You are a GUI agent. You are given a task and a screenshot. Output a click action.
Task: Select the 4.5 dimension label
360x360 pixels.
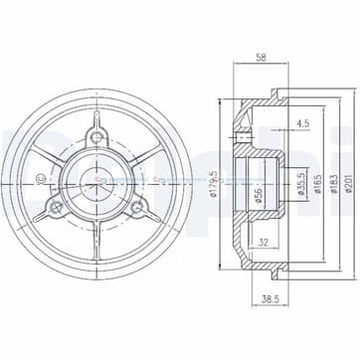click(x=301, y=124)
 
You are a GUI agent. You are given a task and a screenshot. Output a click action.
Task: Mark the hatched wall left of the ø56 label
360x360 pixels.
click(x=243, y=183)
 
